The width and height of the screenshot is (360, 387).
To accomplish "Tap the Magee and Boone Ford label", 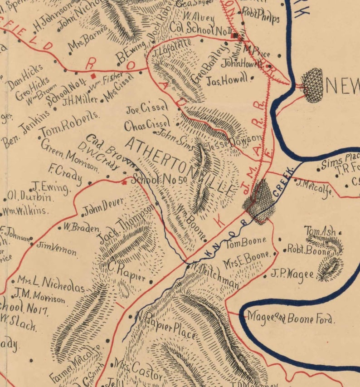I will tap(290, 318).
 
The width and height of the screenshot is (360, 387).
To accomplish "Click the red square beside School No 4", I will tap(93, 76).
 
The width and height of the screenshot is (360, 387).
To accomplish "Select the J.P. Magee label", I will tap(292, 275).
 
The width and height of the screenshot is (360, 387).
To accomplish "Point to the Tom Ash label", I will tap(320, 231).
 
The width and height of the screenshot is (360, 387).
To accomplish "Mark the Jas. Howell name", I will tap(227, 81).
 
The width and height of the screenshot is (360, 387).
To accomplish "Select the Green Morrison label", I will tap(69, 155).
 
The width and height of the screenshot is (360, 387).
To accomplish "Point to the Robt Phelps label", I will tap(260, 15).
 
